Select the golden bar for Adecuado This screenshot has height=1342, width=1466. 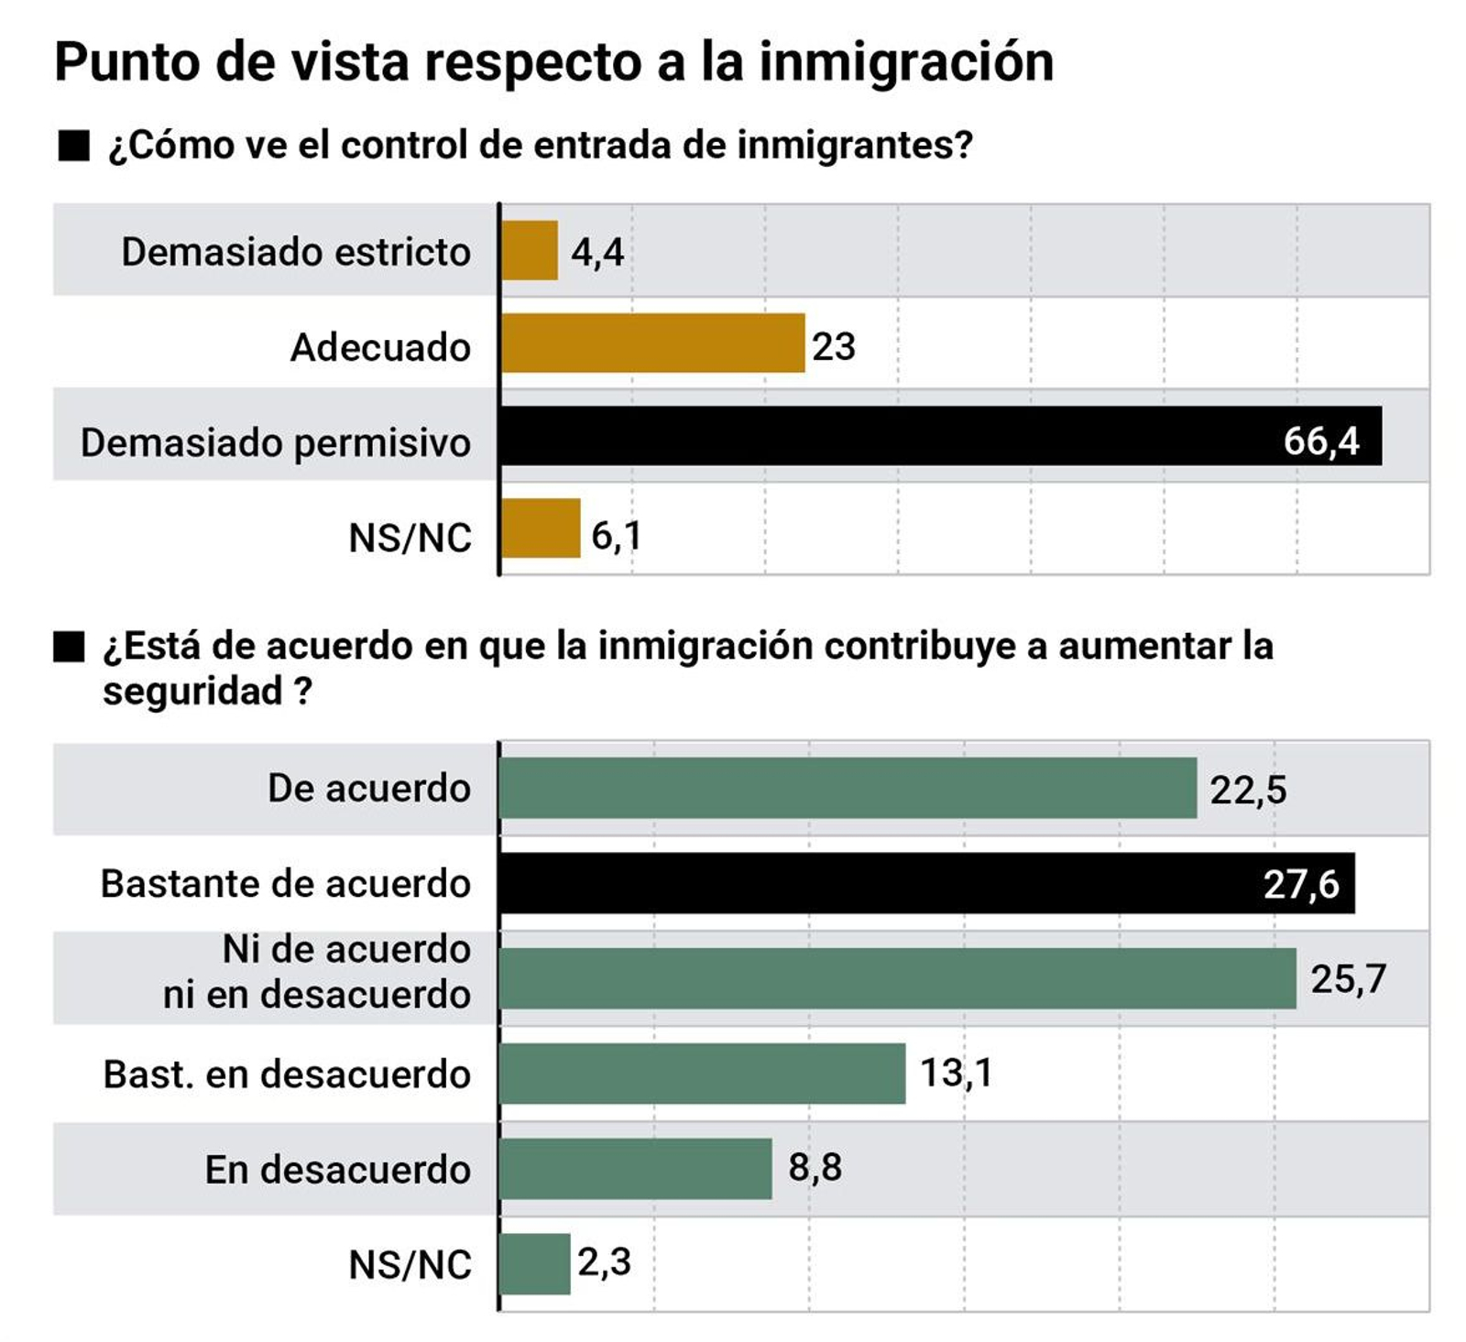(x=652, y=344)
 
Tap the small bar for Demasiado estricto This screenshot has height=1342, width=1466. (x=530, y=250)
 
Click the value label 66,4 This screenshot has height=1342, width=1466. (x=1320, y=442)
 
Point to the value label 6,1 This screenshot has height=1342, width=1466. (x=616, y=536)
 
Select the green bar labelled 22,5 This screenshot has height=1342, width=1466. (x=848, y=788)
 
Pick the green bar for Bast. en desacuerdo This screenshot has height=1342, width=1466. (x=703, y=1074)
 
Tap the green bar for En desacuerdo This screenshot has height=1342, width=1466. (x=636, y=1169)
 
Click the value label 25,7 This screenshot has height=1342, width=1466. (x=1348, y=979)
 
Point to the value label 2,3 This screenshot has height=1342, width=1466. (x=604, y=1262)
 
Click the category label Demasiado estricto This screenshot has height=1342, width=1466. (x=296, y=252)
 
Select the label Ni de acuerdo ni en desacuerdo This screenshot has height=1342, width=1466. (x=317, y=972)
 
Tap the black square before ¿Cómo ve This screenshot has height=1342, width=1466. (x=73, y=146)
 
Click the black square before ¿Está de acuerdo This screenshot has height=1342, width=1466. (x=69, y=647)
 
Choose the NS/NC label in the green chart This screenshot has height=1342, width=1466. (x=410, y=1265)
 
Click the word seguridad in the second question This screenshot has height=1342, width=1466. (x=192, y=691)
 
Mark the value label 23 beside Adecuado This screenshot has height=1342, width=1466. (x=833, y=346)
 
